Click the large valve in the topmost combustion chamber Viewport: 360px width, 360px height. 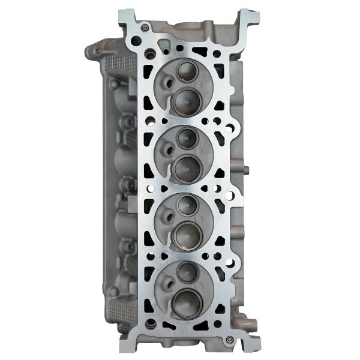(x=186, y=100)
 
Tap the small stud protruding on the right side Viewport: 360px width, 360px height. (x=245, y=170)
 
